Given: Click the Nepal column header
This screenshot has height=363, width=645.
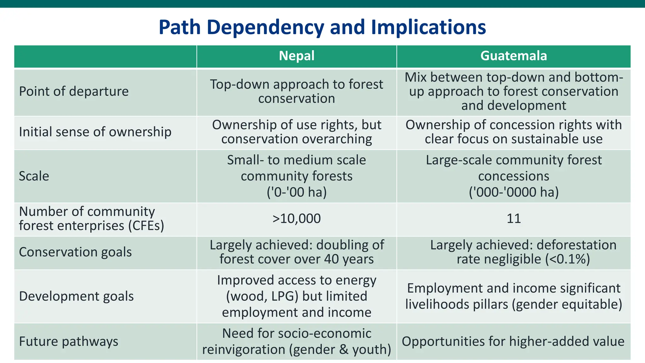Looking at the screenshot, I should [297, 56].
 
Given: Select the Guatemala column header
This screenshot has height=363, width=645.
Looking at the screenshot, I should [513, 56].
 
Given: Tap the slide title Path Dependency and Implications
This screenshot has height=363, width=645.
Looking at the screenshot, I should [322, 27].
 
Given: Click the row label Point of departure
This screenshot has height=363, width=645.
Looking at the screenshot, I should [74, 91].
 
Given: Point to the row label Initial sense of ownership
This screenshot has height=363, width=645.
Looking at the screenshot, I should [95, 132].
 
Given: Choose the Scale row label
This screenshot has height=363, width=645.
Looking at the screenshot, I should [34, 176].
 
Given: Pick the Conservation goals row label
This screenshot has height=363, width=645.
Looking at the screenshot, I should [75, 252].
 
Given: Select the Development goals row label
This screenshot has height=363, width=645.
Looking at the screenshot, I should [76, 296].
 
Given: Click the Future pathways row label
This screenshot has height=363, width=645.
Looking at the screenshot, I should [69, 341].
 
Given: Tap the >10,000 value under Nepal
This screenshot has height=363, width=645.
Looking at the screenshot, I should [297, 219].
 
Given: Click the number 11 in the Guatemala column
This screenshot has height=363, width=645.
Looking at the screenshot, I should [513, 219].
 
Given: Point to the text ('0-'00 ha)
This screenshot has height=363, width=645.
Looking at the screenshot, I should [297, 192].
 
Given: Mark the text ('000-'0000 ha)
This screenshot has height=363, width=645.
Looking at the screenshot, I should [513, 192].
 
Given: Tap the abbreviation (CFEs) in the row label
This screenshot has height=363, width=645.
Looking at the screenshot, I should [146, 226].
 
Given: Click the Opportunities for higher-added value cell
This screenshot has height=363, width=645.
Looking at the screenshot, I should [513, 342].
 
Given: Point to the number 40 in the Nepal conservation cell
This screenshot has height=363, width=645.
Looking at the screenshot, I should [331, 259].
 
